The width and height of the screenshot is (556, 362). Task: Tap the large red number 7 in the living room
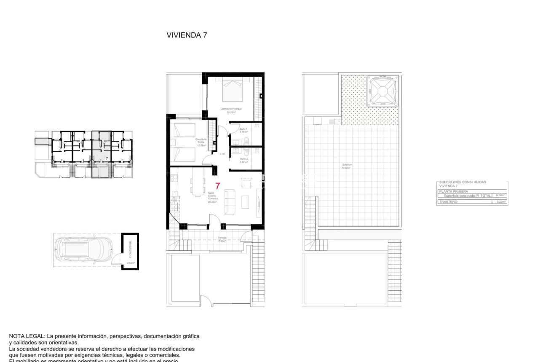(218, 186)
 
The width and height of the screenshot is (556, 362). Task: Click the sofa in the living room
(230, 201)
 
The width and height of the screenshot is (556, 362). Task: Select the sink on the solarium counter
(337, 122)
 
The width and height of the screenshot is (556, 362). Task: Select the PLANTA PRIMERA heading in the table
(451, 191)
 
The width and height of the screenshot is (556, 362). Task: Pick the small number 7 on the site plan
(107, 158)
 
